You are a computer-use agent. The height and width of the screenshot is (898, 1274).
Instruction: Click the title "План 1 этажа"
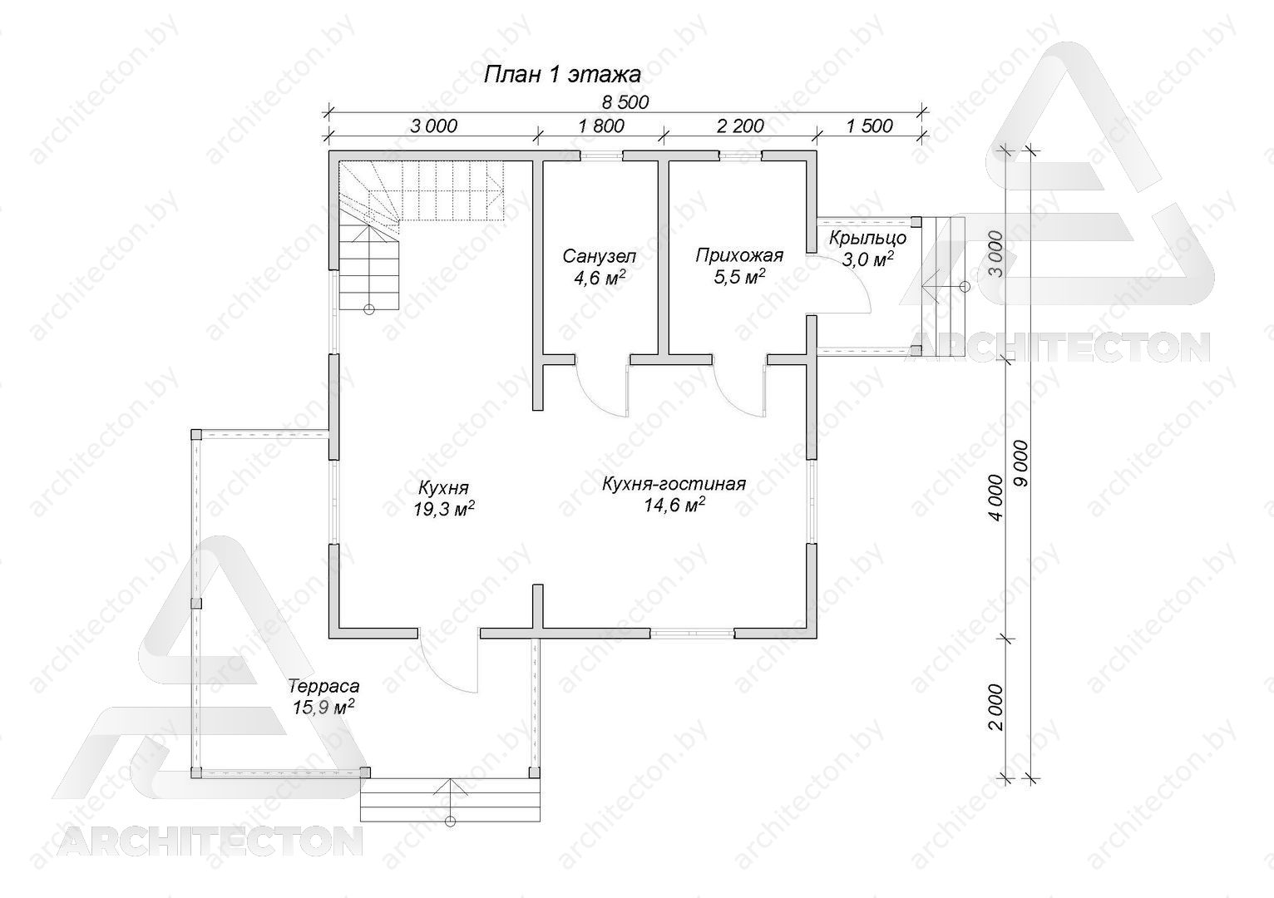coord(562,75)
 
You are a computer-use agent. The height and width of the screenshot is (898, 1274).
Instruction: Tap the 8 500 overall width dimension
coord(625,102)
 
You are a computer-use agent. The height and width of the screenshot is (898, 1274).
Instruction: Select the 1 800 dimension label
coord(601,126)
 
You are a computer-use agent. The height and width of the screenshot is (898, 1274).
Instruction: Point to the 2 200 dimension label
coord(740,126)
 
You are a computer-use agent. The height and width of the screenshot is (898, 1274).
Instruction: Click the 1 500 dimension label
coord(870,126)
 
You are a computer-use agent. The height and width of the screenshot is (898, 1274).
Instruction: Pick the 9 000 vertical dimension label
coord(1021,463)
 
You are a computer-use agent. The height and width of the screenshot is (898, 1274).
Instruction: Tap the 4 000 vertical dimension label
coord(995,497)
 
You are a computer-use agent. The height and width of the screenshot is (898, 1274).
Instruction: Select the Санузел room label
coord(600,256)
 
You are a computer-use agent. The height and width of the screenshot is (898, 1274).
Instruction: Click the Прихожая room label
coord(739,255)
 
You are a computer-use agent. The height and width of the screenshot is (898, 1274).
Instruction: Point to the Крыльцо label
coord(867,238)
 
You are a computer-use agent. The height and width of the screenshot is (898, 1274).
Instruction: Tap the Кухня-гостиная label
coord(674,484)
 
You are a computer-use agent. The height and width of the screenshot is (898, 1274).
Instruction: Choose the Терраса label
coord(323,687)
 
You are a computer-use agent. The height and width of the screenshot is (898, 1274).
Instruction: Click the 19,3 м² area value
coord(444,509)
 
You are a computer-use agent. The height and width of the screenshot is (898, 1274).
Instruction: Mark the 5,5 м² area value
coord(738,276)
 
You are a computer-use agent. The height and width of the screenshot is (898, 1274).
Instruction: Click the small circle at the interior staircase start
coord(369,309)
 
